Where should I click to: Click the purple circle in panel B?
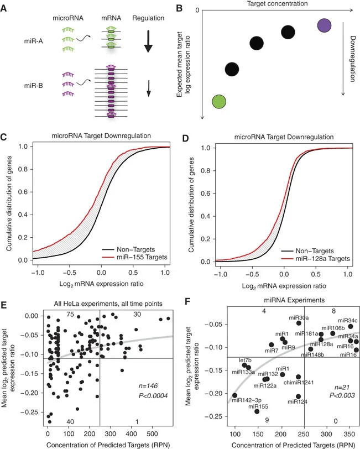point(325,25)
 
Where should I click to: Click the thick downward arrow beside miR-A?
point(148,43)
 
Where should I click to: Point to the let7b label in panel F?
point(246,360)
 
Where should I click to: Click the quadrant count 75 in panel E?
point(70,315)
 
